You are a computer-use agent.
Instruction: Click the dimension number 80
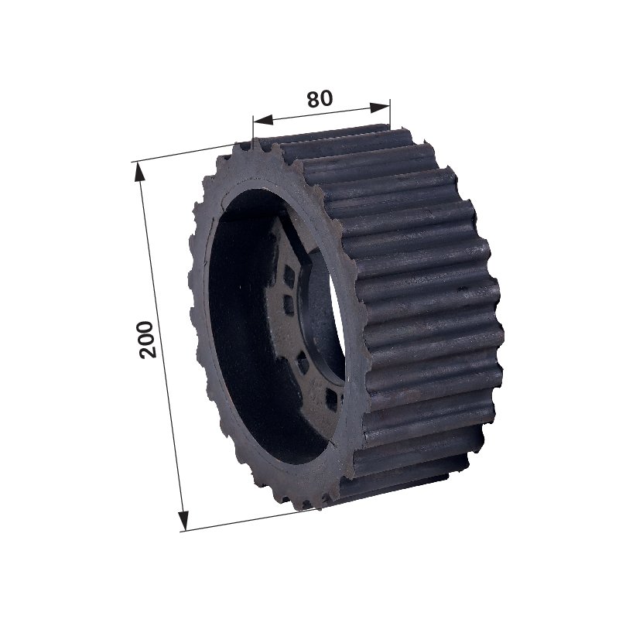point(320,99)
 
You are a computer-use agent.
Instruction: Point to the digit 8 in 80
point(313,100)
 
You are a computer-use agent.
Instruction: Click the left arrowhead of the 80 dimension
point(262,119)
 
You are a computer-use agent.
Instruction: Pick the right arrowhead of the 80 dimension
point(380,108)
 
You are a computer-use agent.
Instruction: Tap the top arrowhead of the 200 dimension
point(139,172)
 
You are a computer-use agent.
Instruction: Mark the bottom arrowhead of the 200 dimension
point(183,521)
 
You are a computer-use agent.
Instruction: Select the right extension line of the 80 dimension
point(390,114)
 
